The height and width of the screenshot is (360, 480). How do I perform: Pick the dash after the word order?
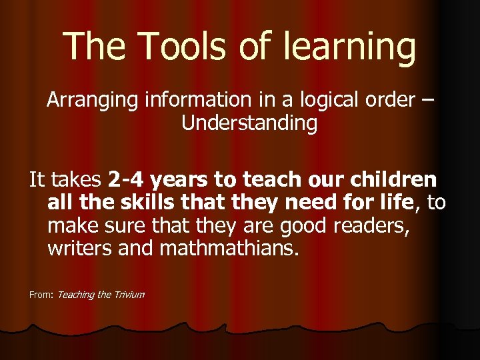[x=427, y=101]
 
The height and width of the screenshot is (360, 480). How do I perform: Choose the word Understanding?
[x=249, y=123]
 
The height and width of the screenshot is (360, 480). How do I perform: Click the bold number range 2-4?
[x=125, y=180]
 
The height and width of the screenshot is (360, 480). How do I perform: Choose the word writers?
[x=77, y=250]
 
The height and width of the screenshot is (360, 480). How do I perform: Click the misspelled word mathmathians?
[x=225, y=250]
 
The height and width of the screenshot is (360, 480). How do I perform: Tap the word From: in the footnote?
[x=41, y=294]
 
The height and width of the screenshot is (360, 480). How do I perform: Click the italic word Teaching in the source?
[x=76, y=294]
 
